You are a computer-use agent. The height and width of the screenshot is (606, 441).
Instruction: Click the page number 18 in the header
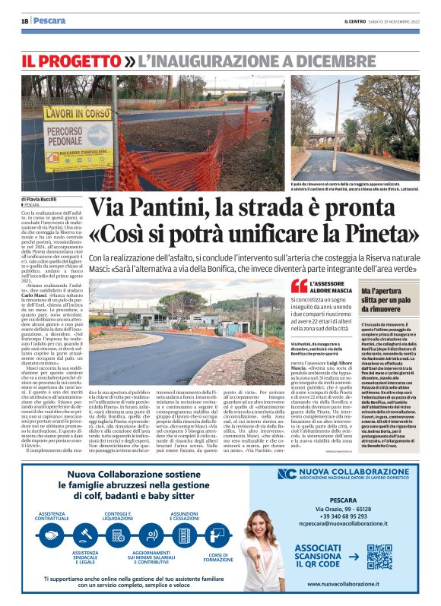tap(24, 21)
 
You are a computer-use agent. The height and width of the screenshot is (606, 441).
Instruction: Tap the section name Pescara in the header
tap(49, 21)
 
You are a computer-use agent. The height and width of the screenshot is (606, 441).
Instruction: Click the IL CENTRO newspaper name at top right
tap(357, 21)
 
